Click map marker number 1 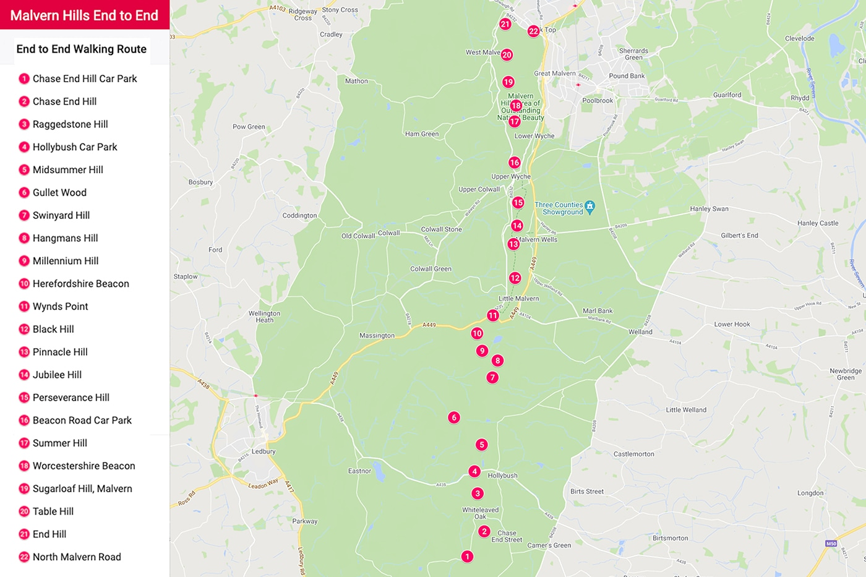[x=467, y=557]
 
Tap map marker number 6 [x=454, y=417]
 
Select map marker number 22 [x=533, y=31]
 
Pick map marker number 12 [x=515, y=278]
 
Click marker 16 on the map [x=514, y=163]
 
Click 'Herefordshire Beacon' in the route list [x=80, y=284]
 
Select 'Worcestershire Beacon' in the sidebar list [x=84, y=466]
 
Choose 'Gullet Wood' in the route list [x=59, y=192]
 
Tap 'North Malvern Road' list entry [x=77, y=557]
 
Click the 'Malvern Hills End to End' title [x=84, y=15]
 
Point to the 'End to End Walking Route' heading [x=82, y=49]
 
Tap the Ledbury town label [x=264, y=451]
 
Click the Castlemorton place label [x=633, y=454]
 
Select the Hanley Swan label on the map [x=709, y=209]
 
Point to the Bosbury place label [x=200, y=182]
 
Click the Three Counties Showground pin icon [x=590, y=206]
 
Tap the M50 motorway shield [x=831, y=544]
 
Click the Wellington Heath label [x=264, y=317]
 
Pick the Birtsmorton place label [x=670, y=538]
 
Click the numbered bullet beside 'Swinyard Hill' [x=24, y=215]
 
